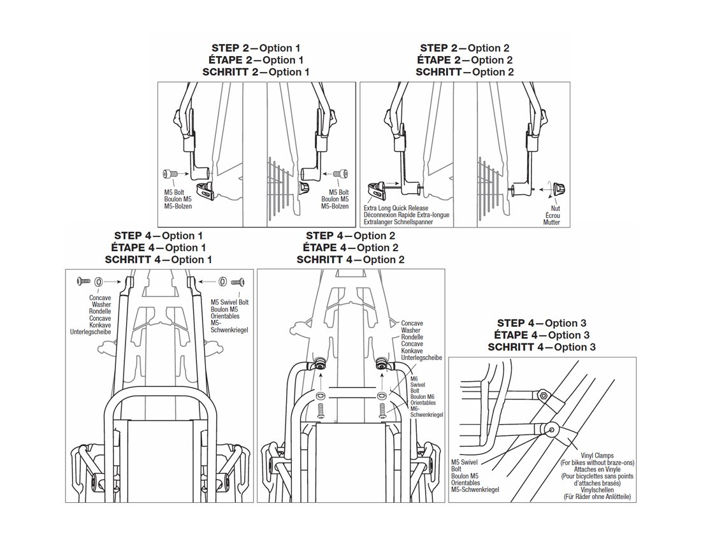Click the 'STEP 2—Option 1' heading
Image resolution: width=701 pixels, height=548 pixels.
[255, 48]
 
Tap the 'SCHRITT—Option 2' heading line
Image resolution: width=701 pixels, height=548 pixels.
[465, 72]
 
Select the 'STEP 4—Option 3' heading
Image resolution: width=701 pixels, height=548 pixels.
[542, 323]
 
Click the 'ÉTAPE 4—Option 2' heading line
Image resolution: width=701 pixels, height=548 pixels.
[350, 247]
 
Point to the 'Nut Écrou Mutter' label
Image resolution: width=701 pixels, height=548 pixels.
[552, 215]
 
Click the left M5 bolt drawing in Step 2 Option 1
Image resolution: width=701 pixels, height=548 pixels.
[170, 173]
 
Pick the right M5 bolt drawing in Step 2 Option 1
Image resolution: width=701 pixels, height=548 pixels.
[342, 173]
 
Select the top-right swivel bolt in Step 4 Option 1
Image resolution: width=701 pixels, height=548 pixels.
[239, 280]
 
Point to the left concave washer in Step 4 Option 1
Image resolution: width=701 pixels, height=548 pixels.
[98, 280]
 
